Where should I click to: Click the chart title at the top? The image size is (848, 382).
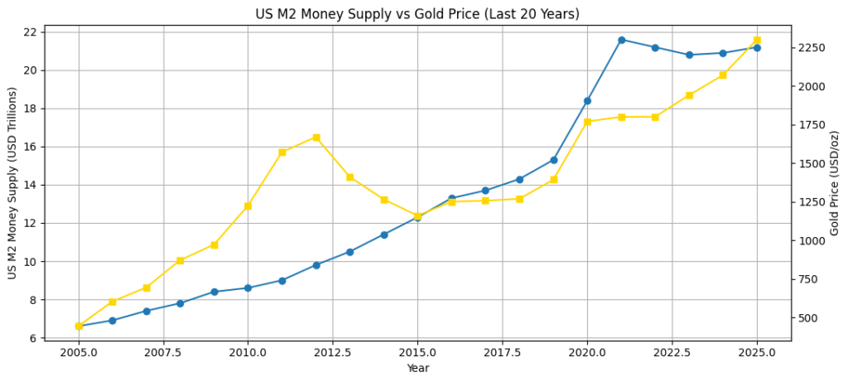pos(417,14)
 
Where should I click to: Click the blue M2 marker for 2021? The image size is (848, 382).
pos(621,40)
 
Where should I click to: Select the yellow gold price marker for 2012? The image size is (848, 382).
pos(316,138)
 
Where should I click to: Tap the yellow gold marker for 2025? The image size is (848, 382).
pos(757,40)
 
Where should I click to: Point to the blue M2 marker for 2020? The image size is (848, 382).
pos(587,101)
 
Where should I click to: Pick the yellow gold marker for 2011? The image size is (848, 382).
pos(282,152)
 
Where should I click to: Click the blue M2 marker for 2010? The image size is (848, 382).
pos(248,288)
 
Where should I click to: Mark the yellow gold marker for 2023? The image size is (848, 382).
pos(689,95)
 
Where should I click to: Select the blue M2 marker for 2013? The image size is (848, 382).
pos(349,252)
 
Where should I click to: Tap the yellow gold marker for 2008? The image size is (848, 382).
pos(180,260)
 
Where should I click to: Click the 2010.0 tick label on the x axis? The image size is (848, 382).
pos(248,352)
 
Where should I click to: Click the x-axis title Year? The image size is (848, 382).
pos(417,368)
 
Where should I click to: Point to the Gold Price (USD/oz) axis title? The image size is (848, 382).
pos(835,183)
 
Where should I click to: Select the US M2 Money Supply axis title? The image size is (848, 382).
pos(12,183)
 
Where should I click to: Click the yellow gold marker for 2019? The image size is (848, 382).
pos(553,179)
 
